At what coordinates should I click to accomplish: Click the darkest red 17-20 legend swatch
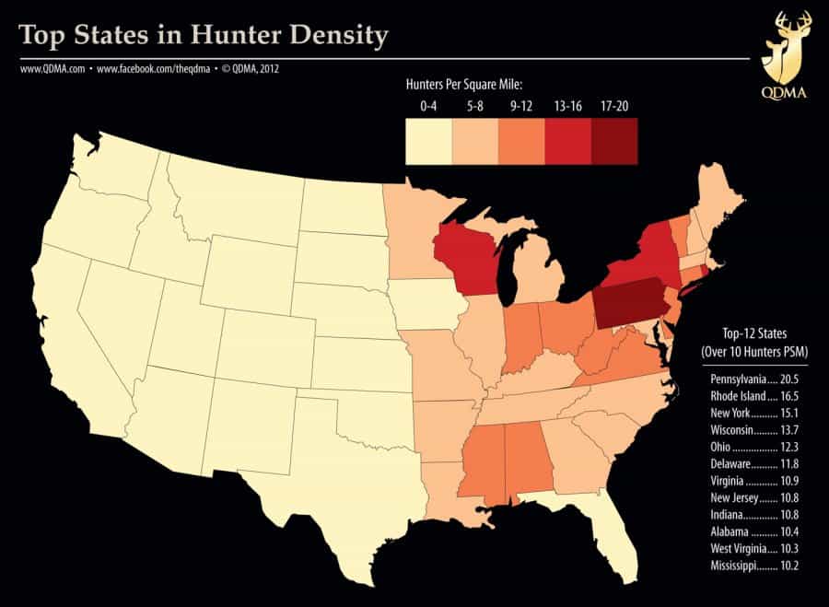point(614,141)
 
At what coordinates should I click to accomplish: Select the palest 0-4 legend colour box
point(428,141)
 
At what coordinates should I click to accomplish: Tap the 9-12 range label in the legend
point(521,107)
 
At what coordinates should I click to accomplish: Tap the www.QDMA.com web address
point(51,68)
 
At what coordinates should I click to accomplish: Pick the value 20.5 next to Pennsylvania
point(785,379)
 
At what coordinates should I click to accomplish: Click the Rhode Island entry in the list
point(740,395)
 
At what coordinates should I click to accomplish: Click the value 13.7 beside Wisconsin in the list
point(785,429)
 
